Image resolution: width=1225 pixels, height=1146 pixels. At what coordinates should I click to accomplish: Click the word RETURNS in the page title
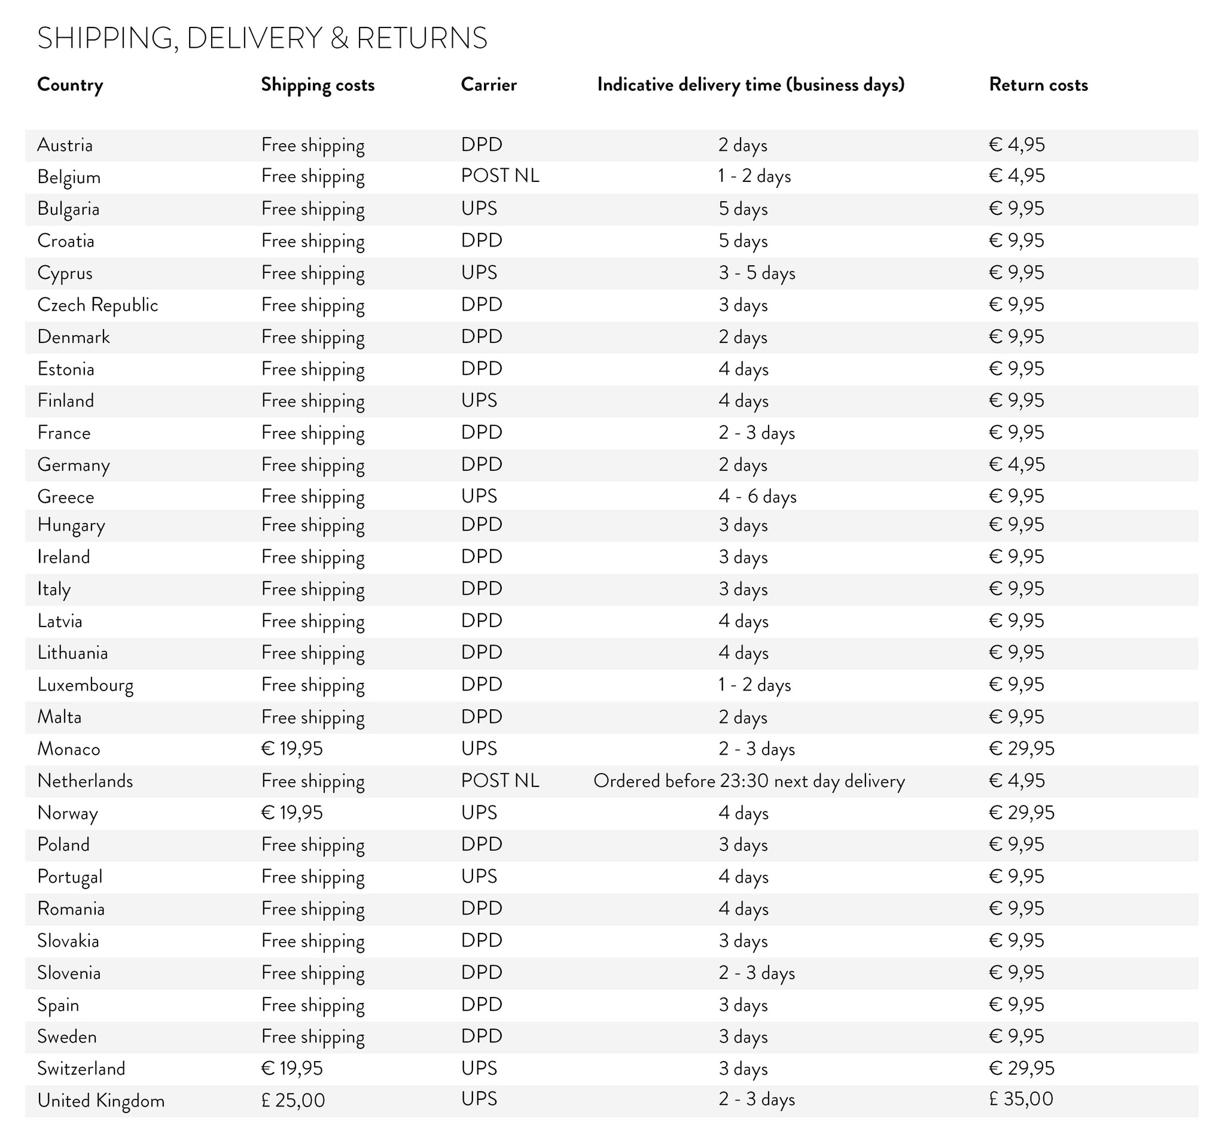coord(422,38)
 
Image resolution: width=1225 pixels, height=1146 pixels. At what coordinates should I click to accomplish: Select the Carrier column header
coord(489,84)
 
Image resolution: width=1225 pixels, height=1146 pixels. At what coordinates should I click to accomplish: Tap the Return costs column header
coord(1038,84)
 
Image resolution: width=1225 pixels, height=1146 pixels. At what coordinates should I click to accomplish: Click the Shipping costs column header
coord(318,84)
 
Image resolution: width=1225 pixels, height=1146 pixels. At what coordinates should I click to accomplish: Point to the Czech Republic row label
coord(97,305)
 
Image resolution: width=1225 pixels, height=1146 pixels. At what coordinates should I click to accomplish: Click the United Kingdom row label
coord(100,1101)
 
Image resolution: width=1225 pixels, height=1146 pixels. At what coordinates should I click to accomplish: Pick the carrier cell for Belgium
coord(499,176)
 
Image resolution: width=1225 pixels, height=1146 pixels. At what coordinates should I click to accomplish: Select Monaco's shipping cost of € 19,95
coord(291,749)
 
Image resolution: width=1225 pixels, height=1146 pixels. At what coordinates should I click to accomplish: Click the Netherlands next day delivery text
coord(749,781)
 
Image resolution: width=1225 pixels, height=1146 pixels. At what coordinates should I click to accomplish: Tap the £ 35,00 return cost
coord(1020,1099)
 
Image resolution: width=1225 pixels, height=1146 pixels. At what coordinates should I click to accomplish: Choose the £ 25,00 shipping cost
coord(292,1101)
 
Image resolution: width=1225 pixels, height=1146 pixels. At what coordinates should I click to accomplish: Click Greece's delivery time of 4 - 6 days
coord(757,496)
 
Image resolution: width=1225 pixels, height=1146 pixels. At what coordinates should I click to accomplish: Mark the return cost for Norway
coord(1021,813)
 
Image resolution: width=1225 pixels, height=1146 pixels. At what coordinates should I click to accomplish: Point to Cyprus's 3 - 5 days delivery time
coord(756,272)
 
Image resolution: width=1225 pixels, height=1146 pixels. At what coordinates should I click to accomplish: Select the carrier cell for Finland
coord(479,400)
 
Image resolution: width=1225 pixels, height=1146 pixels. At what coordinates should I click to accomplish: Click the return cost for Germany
coord(1017,464)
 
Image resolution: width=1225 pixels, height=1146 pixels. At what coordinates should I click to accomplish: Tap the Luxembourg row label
coord(85,685)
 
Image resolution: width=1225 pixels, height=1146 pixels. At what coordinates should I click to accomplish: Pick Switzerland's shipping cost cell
coord(291,1068)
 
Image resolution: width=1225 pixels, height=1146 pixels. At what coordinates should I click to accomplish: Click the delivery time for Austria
coord(742,145)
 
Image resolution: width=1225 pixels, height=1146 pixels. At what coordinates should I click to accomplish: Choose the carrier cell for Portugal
coord(479,876)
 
